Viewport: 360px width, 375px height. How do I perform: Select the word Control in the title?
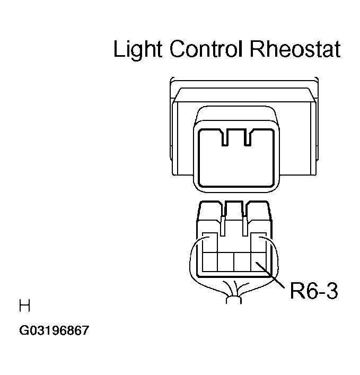206,49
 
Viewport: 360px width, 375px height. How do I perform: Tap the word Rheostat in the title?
295,49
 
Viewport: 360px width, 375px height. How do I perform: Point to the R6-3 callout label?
314,291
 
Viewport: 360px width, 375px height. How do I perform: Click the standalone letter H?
24,306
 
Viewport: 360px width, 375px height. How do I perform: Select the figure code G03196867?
54,330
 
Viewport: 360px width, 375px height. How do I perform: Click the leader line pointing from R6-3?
270,275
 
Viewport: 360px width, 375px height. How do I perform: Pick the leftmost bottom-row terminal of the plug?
210,261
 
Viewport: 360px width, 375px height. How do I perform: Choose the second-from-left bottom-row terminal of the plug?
226,261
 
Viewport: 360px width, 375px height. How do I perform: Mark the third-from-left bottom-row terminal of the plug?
242,261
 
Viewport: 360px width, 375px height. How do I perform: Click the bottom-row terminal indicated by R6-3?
258,261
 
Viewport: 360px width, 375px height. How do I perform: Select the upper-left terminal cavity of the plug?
210,242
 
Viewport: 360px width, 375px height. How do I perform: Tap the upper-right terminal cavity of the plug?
259,242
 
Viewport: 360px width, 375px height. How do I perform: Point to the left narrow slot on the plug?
223,226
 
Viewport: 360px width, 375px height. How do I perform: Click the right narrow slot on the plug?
245,226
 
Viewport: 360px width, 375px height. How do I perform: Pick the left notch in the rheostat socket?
225,137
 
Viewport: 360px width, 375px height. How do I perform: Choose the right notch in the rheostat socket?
248,137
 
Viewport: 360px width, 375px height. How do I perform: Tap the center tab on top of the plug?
234,210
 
